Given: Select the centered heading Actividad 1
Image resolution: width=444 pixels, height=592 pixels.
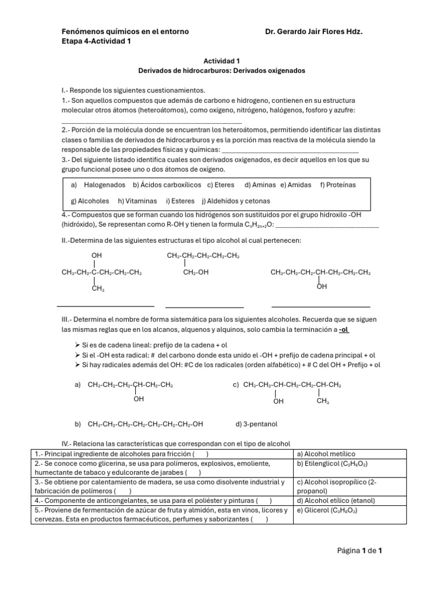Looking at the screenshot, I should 221,60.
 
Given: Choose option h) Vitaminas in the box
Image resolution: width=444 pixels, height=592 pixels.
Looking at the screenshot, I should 138,201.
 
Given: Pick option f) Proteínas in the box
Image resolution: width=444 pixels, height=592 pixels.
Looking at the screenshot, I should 338,185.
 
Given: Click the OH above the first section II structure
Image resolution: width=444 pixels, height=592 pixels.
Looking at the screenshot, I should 97,256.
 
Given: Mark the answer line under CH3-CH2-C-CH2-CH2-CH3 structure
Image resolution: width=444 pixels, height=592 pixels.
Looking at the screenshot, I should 105,305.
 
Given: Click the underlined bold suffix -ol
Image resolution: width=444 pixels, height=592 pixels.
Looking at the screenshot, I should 344,329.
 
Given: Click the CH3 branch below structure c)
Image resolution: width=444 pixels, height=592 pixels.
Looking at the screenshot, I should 323,401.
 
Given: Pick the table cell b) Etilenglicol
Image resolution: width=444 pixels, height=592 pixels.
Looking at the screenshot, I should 332,464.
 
